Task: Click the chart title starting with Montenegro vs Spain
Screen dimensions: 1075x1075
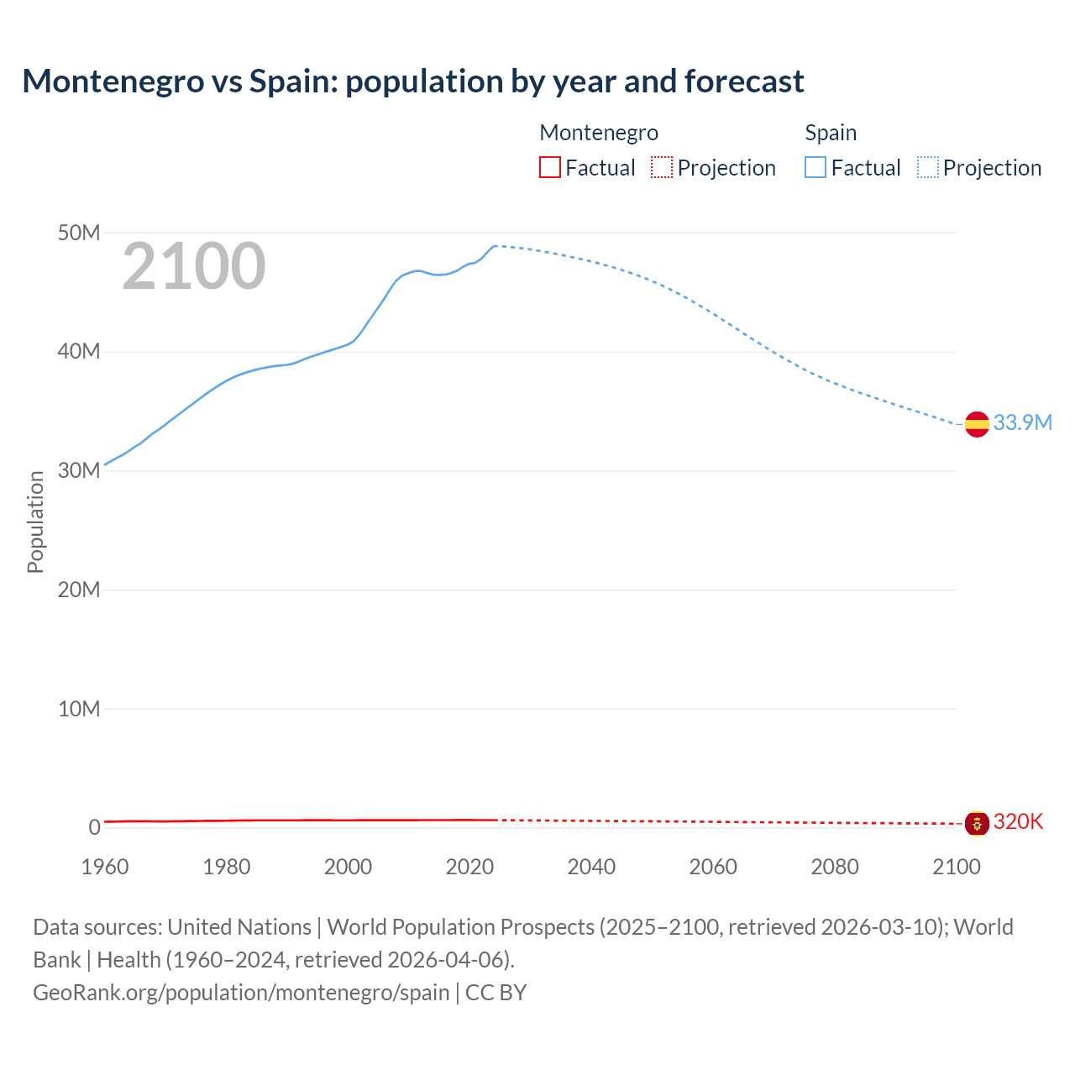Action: coord(412,81)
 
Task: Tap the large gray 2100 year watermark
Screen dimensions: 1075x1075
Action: coord(194,266)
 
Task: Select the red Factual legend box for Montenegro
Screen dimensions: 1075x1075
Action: coord(549,167)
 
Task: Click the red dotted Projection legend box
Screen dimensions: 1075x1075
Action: coord(662,167)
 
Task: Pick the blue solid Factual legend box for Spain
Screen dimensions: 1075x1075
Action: coord(815,167)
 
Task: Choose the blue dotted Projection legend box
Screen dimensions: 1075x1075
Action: coord(928,167)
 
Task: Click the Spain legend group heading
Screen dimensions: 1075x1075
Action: coord(831,133)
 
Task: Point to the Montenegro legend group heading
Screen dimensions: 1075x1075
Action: coord(598,133)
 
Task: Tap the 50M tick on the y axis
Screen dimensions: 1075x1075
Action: coord(79,233)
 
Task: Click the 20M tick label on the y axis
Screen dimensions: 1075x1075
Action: coord(79,590)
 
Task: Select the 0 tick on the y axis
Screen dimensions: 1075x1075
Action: coord(94,827)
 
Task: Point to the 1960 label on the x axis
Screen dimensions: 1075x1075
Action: coord(105,867)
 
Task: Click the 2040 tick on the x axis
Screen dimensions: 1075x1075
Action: coord(591,867)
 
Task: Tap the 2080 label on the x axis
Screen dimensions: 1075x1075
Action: coord(835,867)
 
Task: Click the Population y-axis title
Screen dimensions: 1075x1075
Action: coord(35,522)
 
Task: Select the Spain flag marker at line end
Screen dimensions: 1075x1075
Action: coord(977,424)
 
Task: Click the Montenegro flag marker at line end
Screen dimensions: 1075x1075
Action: coord(977,823)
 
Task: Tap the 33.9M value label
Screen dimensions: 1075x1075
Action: coord(1022,422)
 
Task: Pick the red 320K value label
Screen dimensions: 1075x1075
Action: coord(1018,821)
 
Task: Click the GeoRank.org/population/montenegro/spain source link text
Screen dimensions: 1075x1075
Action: coord(241,992)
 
